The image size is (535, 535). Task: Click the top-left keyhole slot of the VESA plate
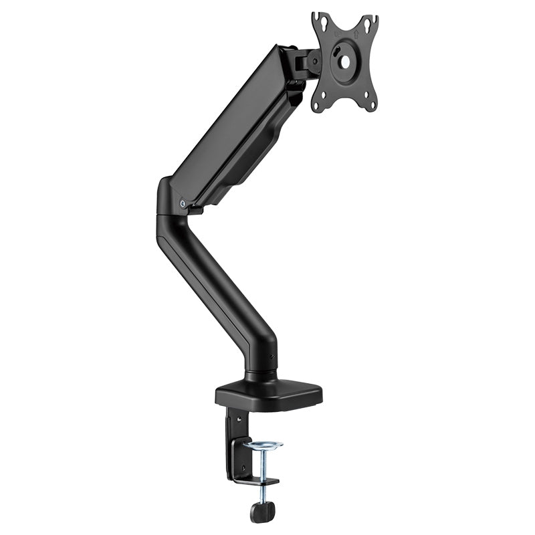tap(323, 24)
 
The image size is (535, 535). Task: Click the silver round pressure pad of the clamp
tap(262, 443)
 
